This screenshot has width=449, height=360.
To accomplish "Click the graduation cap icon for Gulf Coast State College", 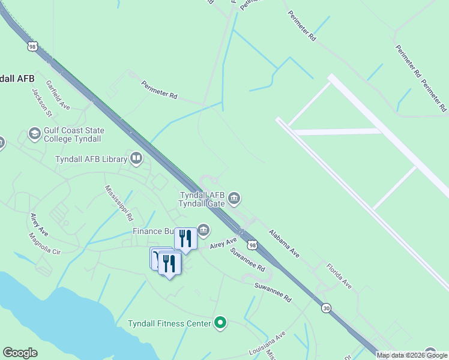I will [34, 133].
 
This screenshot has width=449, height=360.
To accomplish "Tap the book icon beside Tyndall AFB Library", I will [136, 158].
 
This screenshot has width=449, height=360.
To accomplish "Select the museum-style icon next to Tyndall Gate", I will [234, 197].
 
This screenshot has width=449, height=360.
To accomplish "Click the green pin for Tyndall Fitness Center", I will [220, 323].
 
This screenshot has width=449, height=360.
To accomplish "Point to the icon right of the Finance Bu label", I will [203, 229].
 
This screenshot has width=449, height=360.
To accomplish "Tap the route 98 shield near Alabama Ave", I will [253, 245].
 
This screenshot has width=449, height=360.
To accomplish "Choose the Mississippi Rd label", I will [119, 203].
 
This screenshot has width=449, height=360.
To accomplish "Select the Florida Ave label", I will [339, 275].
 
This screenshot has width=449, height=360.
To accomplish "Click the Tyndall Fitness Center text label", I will [170, 323].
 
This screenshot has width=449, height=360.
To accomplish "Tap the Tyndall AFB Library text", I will [91, 159].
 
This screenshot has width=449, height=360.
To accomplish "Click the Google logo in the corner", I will [20, 353].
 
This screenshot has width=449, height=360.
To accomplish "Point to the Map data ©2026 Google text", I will [412, 355].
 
